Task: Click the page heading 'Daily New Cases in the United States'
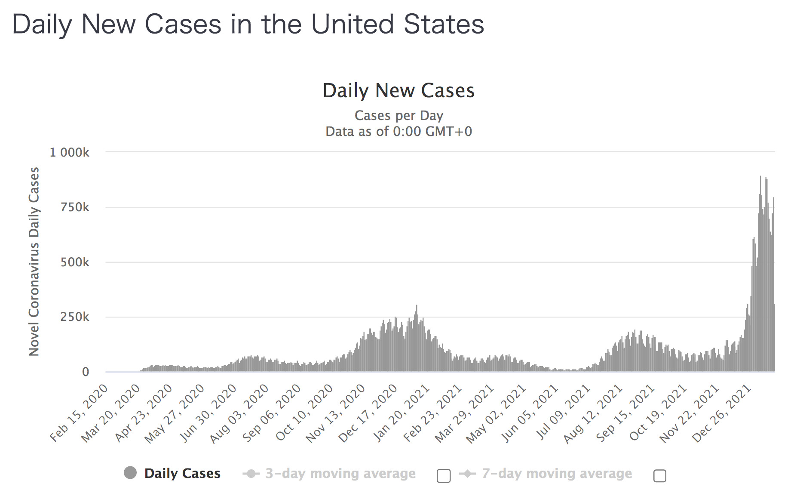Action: pyautogui.click(x=248, y=24)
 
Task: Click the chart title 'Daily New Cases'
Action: pyautogui.click(x=398, y=91)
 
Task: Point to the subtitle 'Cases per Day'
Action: pyautogui.click(x=398, y=115)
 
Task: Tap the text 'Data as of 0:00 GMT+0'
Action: pyautogui.click(x=398, y=131)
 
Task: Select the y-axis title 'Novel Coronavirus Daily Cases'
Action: pyautogui.click(x=34, y=262)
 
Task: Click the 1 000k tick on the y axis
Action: pyautogui.click(x=70, y=152)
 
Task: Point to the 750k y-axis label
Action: pyautogui.click(x=75, y=207)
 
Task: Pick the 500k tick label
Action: pyautogui.click(x=75, y=262)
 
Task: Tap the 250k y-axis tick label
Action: pyautogui.click(x=75, y=317)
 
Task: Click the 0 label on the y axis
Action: pyautogui.click(x=86, y=372)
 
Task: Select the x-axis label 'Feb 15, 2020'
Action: pyautogui.click(x=79, y=413)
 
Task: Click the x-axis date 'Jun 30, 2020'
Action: pyautogui.click(x=208, y=413)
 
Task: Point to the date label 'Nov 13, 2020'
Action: pyautogui.click(x=336, y=413)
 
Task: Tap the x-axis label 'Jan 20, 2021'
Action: pyautogui.click(x=402, y=413)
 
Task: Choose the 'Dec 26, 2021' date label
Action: pyautogui.click(x=722, y=413)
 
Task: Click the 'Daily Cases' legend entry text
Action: pyautogui.click(x=182, y=473)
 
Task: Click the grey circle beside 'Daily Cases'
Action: pyautogui.click(x=130, y=473)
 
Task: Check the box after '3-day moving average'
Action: pyautogui.click(x=444, y=476)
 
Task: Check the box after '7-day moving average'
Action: pyautogui.click(x=659, y=476)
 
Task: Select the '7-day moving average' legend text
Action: pyautogui.click(x=557, y=473)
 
